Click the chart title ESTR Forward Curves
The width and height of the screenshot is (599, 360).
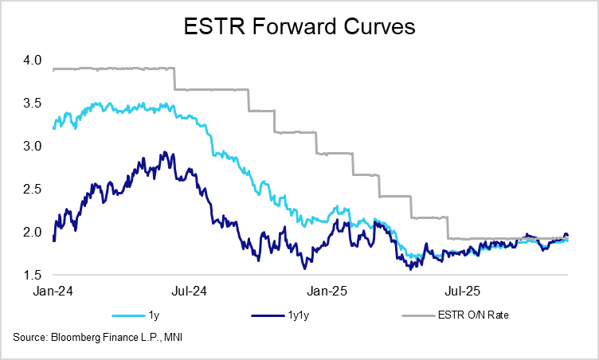tap(299, 28)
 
